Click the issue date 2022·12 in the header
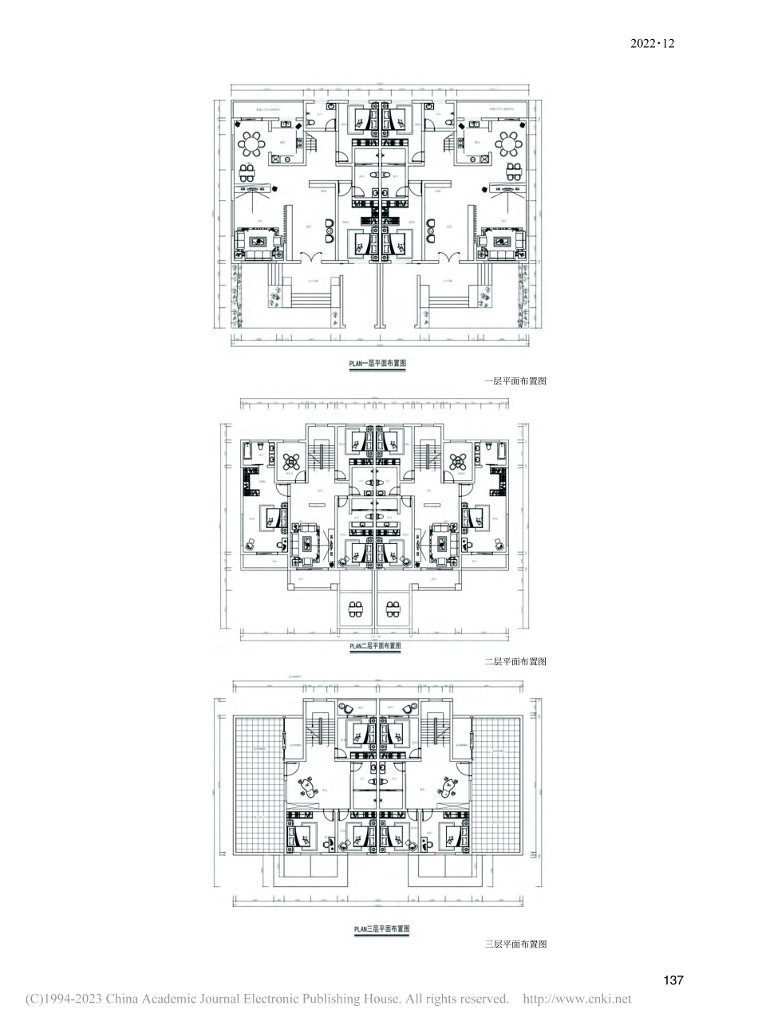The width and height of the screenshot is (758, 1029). pyautogui.click(x=652, y=43)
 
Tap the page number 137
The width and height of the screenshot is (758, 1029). pyautogui.click(x=673, y=980)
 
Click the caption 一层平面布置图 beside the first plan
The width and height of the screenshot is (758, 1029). pyautogui.click(x=515, y=382)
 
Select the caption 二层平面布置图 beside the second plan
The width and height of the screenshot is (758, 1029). pyautogui.click(x=515, y=661)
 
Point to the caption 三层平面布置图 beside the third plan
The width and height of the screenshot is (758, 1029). pyautogui.click(x=515, y=944)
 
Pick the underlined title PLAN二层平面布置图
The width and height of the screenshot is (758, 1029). pyautogui.click(x=375, y=646)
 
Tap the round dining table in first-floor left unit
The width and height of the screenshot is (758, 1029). pyautogui.click(x=254, y=144)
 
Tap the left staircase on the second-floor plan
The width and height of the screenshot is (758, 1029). pyautogui.click(x=323, y=458)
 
